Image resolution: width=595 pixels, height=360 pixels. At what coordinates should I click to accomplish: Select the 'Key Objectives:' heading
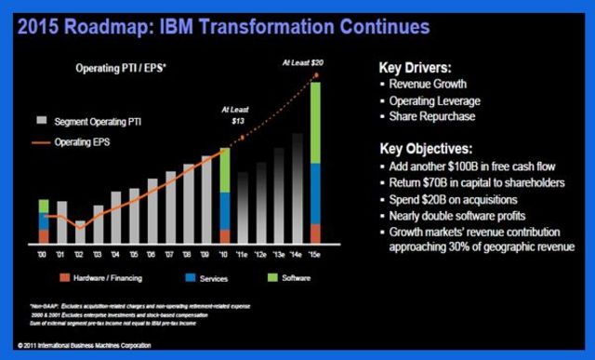430,148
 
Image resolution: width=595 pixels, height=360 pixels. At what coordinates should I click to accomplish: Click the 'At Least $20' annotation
305,62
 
